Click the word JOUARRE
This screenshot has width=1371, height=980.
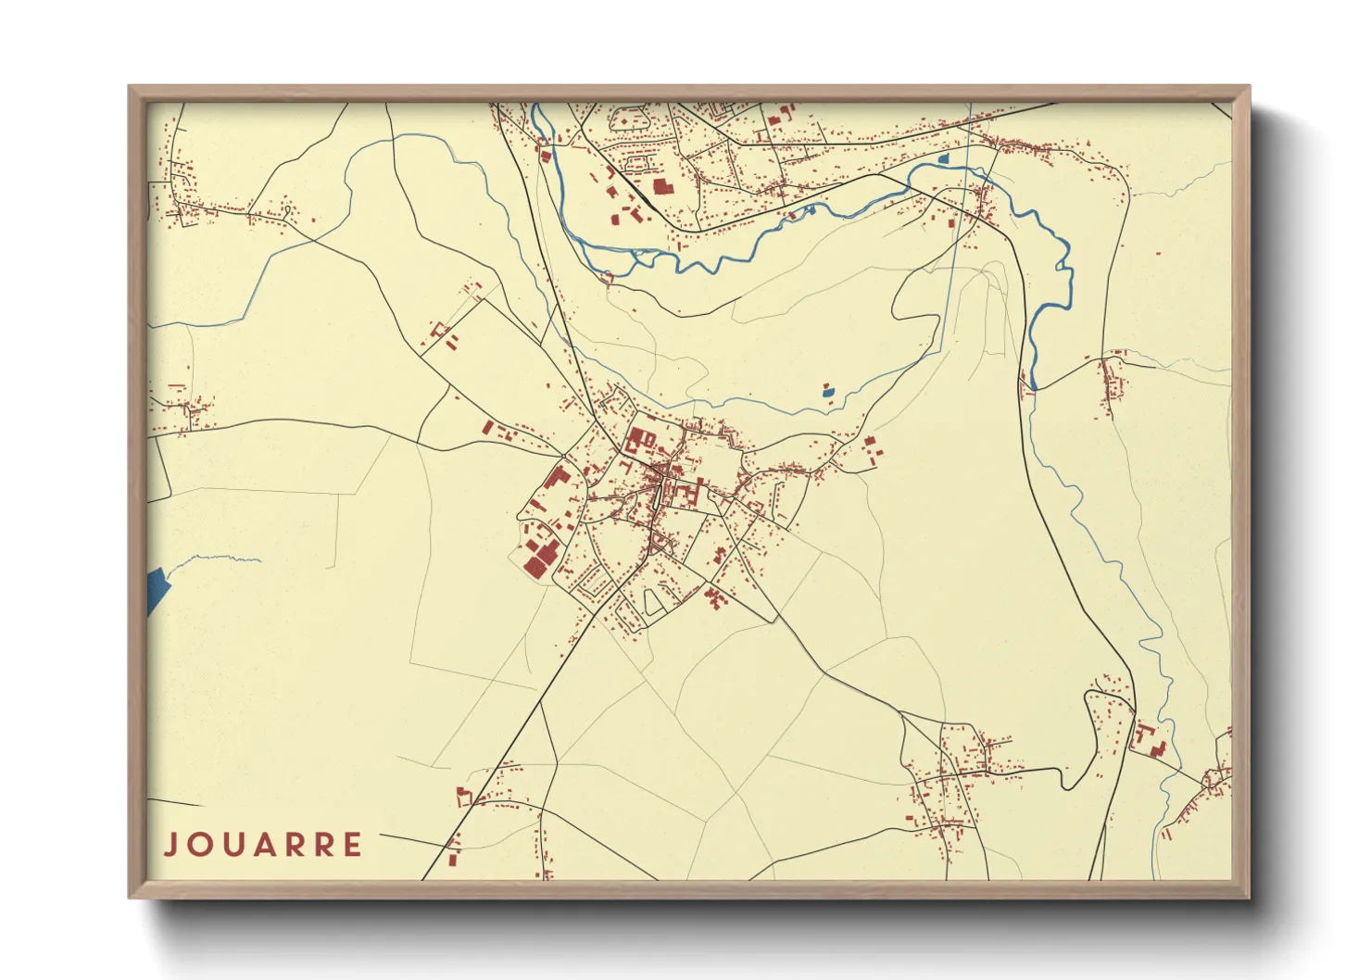tap(263, 845)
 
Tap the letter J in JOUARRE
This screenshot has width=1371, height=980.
tap(170, 845)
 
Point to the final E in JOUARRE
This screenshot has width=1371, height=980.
tap(352, 845)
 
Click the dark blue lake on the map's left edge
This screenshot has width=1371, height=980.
tap(157, 589)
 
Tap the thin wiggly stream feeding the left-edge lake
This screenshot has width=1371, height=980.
tap(213, 558)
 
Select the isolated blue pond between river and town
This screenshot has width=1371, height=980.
tap(828, 392)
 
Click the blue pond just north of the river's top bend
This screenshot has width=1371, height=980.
tap(943, 159)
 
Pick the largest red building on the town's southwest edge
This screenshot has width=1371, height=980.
tap(536, 562)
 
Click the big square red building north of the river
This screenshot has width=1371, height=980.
tap(660, 186)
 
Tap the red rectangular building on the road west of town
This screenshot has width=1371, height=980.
tap(488, 427)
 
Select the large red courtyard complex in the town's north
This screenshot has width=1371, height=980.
tap(639, 439)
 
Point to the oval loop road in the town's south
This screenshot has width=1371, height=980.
tap(653, 602)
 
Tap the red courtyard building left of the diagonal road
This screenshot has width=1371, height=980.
tap(463, 796)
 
